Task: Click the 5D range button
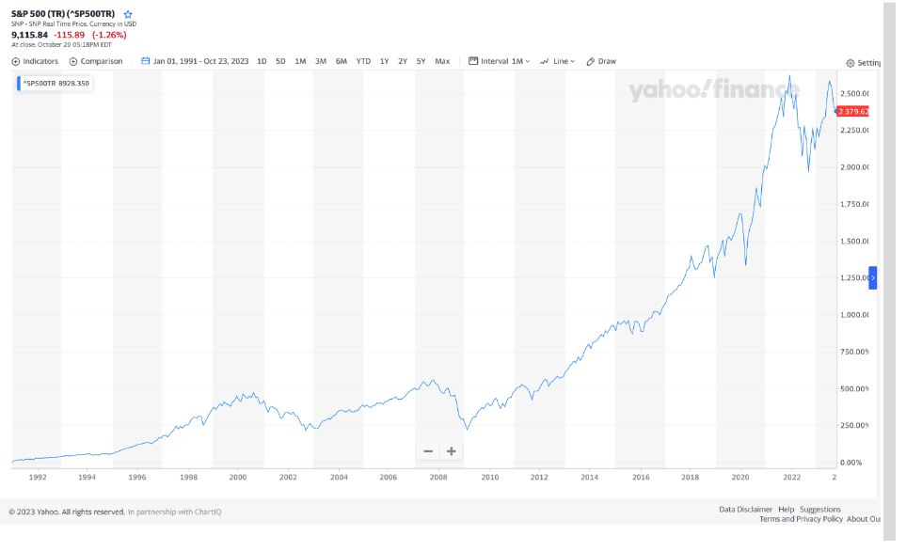pyautogui.click(x=280, y=61)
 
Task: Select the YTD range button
pyautogui.click(x=363, y=61)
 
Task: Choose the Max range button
pyautogui.click(x=442, y=61)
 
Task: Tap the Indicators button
pyautogui.click(x=35, y=61)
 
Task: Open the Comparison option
pyautogui.click(x=96, y=61)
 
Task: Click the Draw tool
pyautogui.click(x=601, y=61)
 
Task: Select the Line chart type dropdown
pyautogui.click(x=558, y=61)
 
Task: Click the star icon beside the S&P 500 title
pyautogui.click(x=128, y=14)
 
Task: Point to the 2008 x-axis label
pyautogui.click(x=438, y=477)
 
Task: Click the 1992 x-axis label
pyautogui.click(x=38, y=477)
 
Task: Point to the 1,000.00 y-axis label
pyautogui.click(x=853, y=315)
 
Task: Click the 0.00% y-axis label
pyautogui.click(x=850, y=463)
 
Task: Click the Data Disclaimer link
pyautogui.click(x=745, y=510)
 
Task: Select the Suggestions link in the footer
pyautogui.click(x=820, y=510)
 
